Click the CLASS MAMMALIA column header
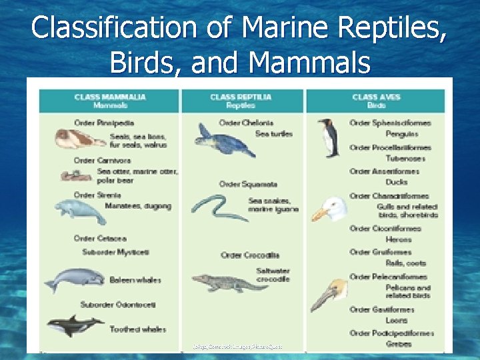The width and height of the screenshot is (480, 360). point(110,101)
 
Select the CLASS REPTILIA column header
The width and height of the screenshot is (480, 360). point(241,101)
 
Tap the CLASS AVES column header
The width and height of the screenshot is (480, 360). point(376,101)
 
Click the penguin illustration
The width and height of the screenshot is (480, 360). point(329,137)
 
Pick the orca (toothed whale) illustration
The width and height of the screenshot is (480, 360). point(74,325)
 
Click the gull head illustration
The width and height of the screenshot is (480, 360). point(330,210)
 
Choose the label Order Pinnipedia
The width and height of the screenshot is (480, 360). point(105,123)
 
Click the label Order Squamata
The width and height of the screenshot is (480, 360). point(248,184)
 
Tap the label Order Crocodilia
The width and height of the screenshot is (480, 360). point(250,255)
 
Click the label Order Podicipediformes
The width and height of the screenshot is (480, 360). point(391,333)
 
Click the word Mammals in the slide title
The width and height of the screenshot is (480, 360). point(311,63)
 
